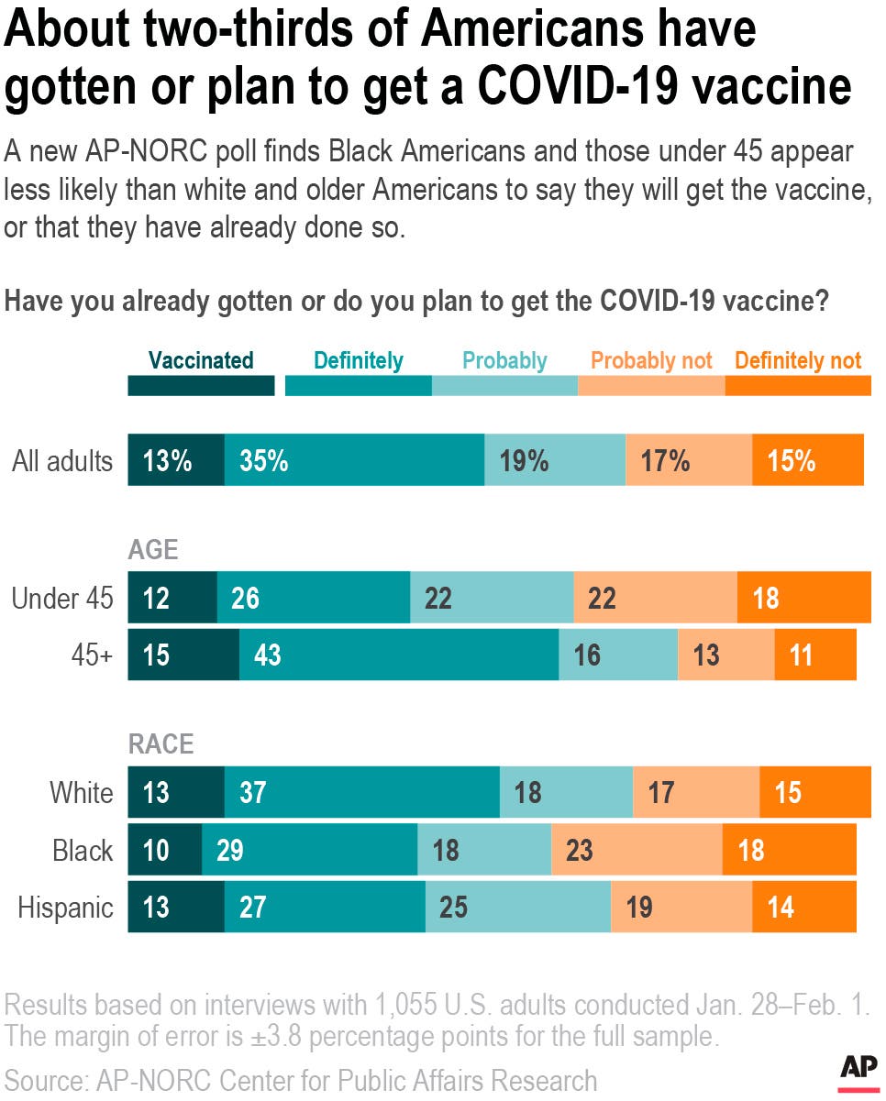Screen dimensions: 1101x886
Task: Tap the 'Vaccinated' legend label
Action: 200,360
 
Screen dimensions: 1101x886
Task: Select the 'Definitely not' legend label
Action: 798,360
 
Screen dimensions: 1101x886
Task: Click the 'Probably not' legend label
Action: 651,360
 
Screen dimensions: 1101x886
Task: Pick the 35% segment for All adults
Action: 354,460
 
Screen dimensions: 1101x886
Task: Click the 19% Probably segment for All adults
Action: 555,460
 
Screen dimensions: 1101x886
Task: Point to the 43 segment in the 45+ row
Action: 399,655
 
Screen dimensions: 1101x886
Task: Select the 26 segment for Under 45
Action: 313,599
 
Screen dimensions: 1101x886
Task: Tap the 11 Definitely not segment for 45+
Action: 815,655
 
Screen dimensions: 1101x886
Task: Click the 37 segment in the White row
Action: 362,792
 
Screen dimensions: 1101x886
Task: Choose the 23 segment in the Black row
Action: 637,850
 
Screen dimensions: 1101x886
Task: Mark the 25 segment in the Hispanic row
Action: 518,908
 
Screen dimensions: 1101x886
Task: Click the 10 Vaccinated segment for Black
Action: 164,850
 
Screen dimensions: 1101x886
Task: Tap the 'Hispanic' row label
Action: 66,908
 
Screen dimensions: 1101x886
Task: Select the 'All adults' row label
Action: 62,461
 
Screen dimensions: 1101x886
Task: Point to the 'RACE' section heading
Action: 161,743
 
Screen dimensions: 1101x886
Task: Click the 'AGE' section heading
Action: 152,549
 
